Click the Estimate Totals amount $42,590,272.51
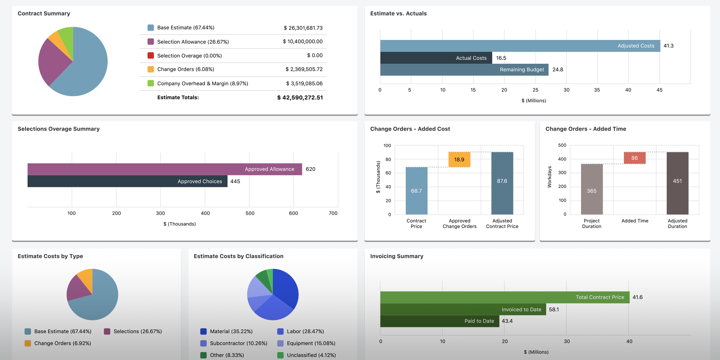pos(300,98)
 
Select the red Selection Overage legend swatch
pos(151,55)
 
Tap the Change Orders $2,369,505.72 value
pos(304,69)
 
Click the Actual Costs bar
pos(436,58)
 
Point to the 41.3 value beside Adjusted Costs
pos(668,46)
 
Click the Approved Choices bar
pos(127,181)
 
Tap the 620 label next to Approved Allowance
pos(310,169)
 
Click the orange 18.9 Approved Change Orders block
pos(459,159)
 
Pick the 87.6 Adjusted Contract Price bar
pos(502,184)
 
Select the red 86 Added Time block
pos(634,158)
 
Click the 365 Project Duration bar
pos(591,189)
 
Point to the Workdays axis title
pos(549,177)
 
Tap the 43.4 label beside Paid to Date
pos(507,321)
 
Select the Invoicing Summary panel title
pos(396,256)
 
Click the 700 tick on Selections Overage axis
pos(333,213)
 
